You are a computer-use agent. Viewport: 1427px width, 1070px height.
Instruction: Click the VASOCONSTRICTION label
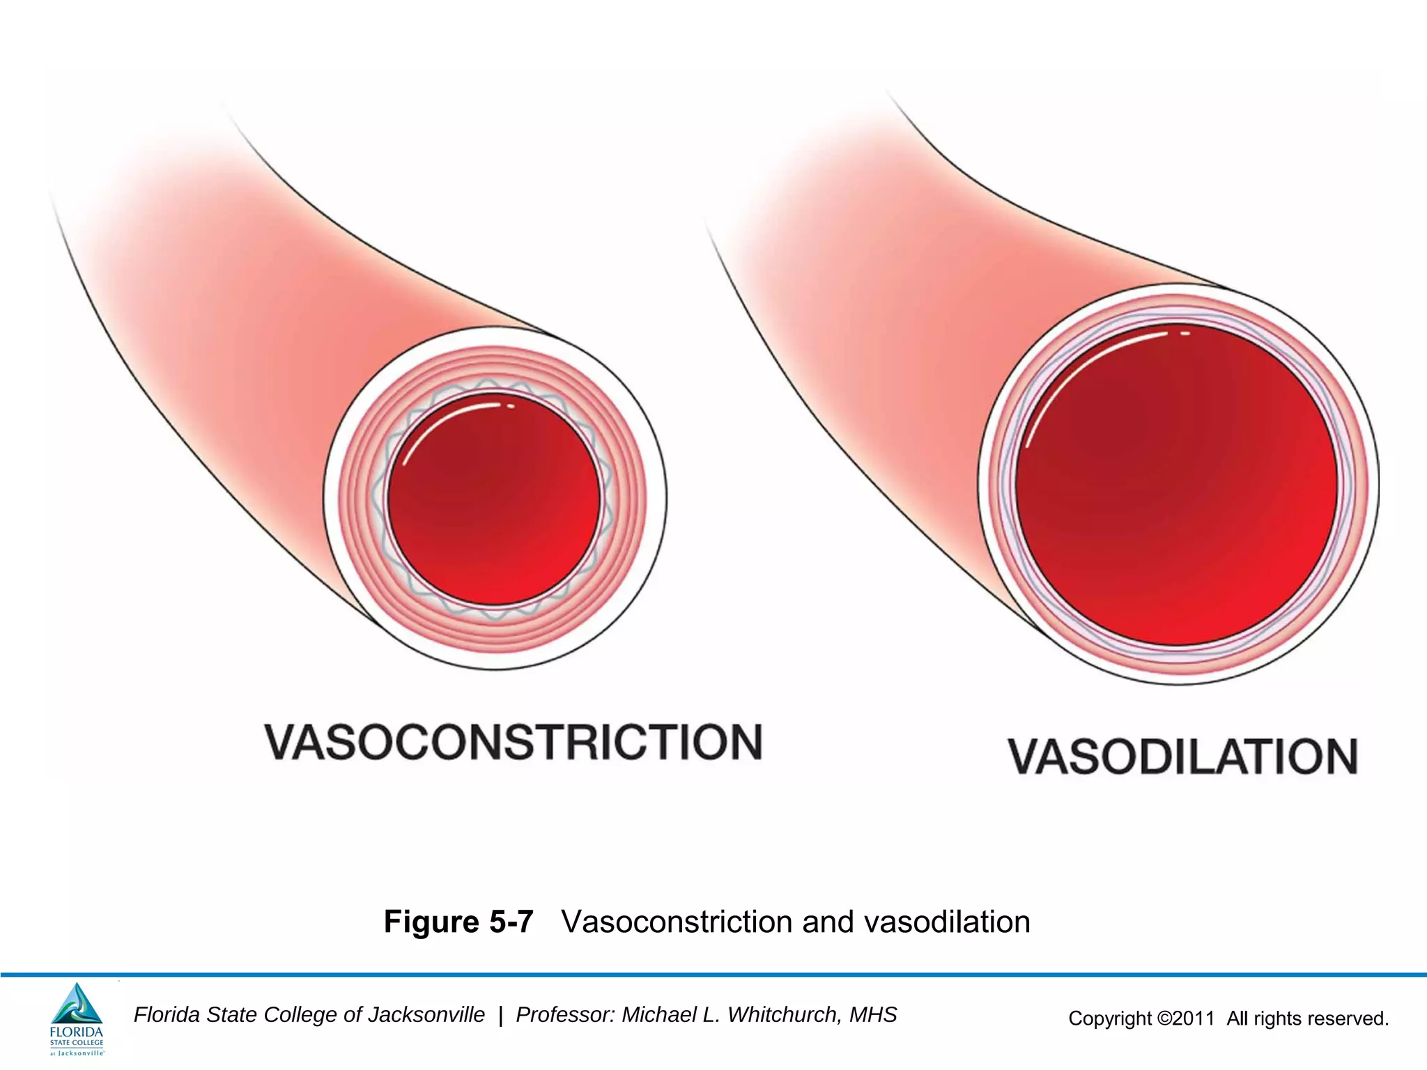(514, 742)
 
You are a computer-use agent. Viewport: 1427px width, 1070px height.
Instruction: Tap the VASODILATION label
(1183, 757)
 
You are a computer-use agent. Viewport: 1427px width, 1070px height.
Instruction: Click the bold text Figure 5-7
(458, 922)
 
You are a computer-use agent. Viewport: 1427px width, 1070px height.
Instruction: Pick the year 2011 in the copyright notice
(1194, 1018)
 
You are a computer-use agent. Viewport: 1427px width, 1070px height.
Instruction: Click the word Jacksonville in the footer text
(426, 1015)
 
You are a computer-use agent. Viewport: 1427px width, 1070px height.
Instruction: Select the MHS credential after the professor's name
(873, 1015)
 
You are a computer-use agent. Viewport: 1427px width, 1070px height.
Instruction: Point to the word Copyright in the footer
(1110, 1018)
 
